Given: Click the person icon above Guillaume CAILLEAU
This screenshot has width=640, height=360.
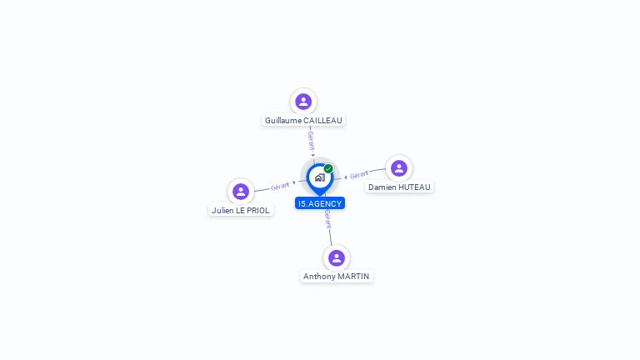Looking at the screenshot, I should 303,102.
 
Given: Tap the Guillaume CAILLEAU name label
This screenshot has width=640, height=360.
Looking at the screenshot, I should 303,121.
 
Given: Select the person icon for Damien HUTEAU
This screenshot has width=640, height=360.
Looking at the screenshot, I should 399,168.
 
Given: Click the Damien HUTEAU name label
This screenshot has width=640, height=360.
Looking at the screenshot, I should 399,187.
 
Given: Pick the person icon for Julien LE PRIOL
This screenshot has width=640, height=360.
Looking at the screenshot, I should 241,192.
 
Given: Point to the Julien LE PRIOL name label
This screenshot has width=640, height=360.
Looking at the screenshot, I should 241,211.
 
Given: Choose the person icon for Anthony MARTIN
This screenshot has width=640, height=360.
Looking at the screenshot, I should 337,257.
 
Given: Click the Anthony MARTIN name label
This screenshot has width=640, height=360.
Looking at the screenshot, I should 337,277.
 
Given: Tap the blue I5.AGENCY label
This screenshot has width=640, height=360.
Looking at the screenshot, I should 320,203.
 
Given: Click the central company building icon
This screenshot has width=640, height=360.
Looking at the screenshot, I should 319,177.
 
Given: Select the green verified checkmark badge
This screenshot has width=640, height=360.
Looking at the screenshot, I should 328,169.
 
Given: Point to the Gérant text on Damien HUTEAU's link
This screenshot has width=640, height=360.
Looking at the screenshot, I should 359,175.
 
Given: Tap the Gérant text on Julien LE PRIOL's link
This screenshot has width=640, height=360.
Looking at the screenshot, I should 280,186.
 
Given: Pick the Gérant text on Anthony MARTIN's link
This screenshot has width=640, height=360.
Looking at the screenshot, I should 328,219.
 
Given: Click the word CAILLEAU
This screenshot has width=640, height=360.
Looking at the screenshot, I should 322,121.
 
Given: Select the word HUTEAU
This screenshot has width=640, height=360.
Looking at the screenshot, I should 414,187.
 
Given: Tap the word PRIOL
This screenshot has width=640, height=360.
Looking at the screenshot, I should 257,211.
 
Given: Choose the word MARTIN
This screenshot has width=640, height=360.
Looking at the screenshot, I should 353,277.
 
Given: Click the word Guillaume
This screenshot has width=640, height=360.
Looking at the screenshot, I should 283,121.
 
